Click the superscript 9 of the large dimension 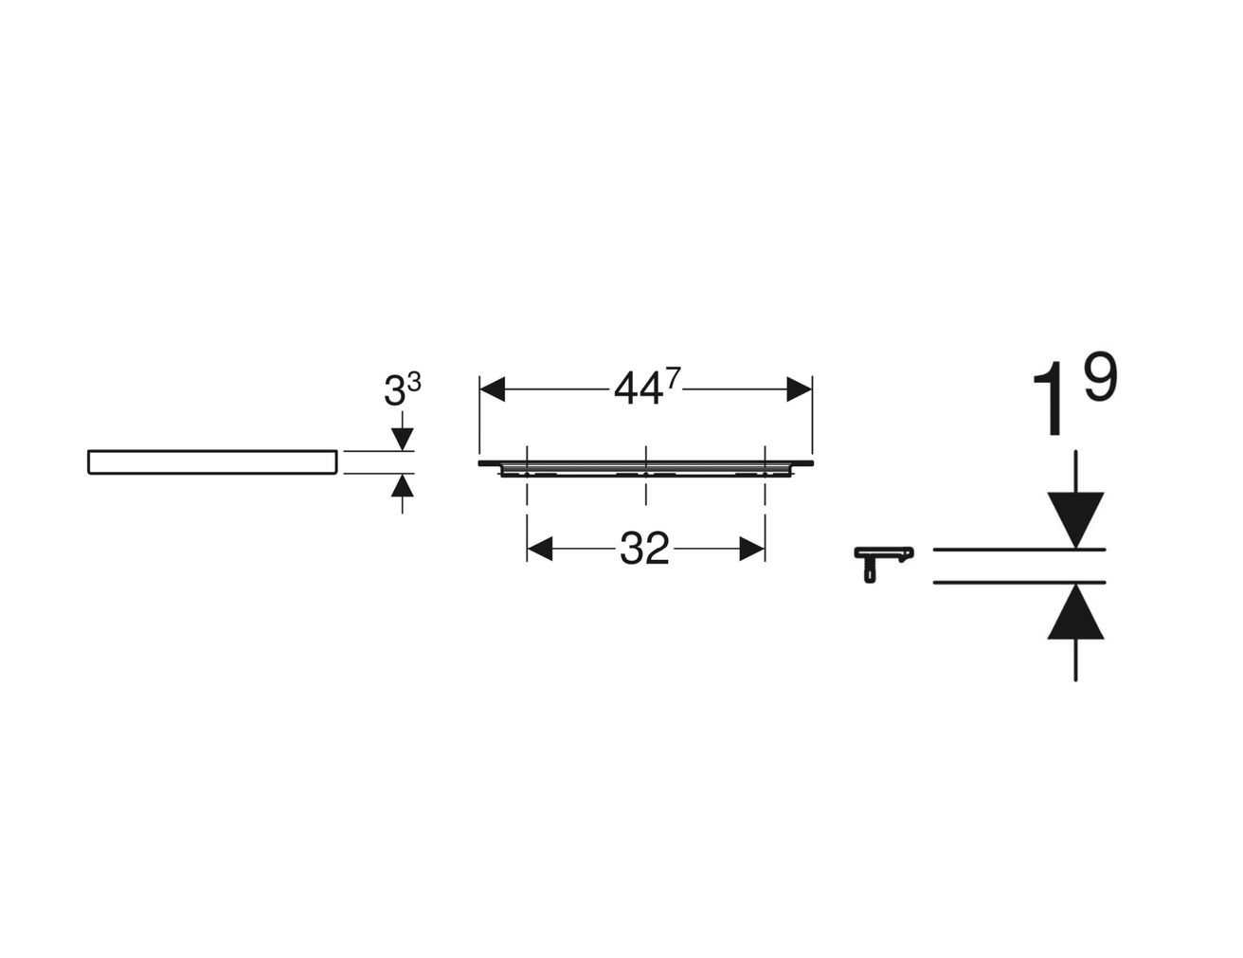[x=1100, y=377]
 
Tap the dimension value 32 [x=644, y=549]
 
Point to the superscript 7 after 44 [x=674, y=378]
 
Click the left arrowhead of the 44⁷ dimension [x=492, y=389]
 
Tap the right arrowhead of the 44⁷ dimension [x=799, y=389]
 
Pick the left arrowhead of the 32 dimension [x=539, y=549]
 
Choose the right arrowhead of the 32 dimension [x=752, y=549]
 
